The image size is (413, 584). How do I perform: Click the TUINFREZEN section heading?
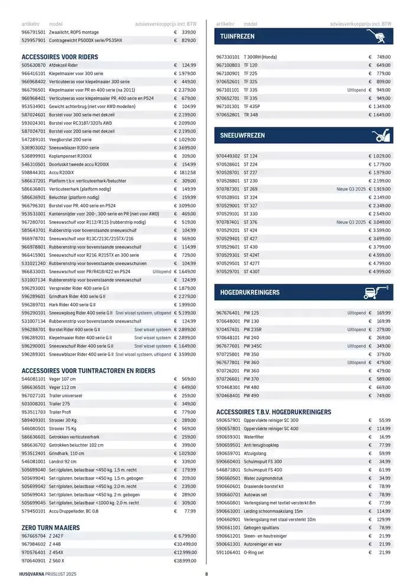pos(237,37)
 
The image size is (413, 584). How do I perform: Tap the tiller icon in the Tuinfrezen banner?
pos(376,37)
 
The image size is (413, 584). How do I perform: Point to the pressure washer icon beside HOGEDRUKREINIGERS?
pos(376,292)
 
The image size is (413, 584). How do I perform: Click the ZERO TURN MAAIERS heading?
pos(51,527)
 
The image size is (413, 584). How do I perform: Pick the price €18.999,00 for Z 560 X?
pos(185,560)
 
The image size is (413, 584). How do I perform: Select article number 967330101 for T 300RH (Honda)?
pos(228,57)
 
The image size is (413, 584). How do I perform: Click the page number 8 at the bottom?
pos(206,574)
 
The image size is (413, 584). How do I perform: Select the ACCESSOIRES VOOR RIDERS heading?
pos(60,57)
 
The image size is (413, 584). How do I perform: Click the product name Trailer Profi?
pos(63,412)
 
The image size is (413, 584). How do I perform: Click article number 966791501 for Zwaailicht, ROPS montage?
pos(33,32)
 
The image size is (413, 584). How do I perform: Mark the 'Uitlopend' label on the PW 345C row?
pos(356,346)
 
